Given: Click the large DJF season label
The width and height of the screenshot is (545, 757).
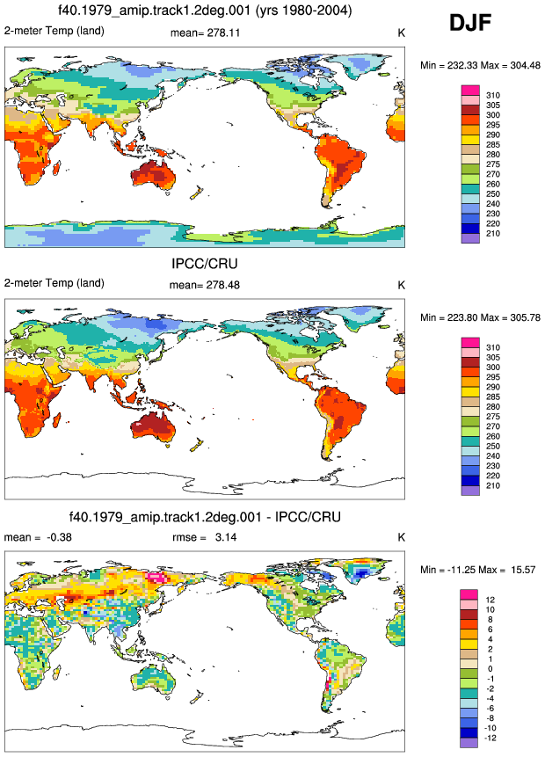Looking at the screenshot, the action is coord(470,23).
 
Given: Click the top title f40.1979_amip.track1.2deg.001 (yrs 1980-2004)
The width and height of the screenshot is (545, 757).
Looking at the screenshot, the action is coord(205,10).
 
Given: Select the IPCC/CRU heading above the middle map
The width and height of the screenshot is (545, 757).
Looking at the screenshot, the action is coord(205,264).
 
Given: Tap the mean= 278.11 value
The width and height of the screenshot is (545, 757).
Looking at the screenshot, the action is coord(205,33).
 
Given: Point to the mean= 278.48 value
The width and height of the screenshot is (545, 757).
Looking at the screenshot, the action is coord(205,285).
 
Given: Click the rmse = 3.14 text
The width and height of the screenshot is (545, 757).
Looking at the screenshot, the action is coord(205,537).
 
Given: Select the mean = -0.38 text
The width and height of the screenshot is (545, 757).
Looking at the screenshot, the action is coord(38,537).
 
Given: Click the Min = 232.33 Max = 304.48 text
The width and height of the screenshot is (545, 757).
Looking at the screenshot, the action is coord(480,65).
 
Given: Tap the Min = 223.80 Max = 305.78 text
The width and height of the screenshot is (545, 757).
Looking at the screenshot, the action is coord(480,317).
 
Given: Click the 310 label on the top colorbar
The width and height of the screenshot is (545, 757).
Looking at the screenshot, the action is coord(493,95).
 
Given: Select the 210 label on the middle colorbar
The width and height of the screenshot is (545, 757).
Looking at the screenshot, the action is coord(493,485).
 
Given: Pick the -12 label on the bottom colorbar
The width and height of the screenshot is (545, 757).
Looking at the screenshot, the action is coord(490,738).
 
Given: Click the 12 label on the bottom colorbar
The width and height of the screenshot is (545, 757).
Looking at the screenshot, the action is coord(490,600).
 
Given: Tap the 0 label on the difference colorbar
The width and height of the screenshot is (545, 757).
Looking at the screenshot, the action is coord(490,669).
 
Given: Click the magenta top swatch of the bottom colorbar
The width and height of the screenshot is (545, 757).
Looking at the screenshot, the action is coord(469,594).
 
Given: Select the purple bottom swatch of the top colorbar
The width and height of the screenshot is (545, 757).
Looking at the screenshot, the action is coord(470,238).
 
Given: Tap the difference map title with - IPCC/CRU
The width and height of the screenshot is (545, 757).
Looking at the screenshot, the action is coord(205,517).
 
